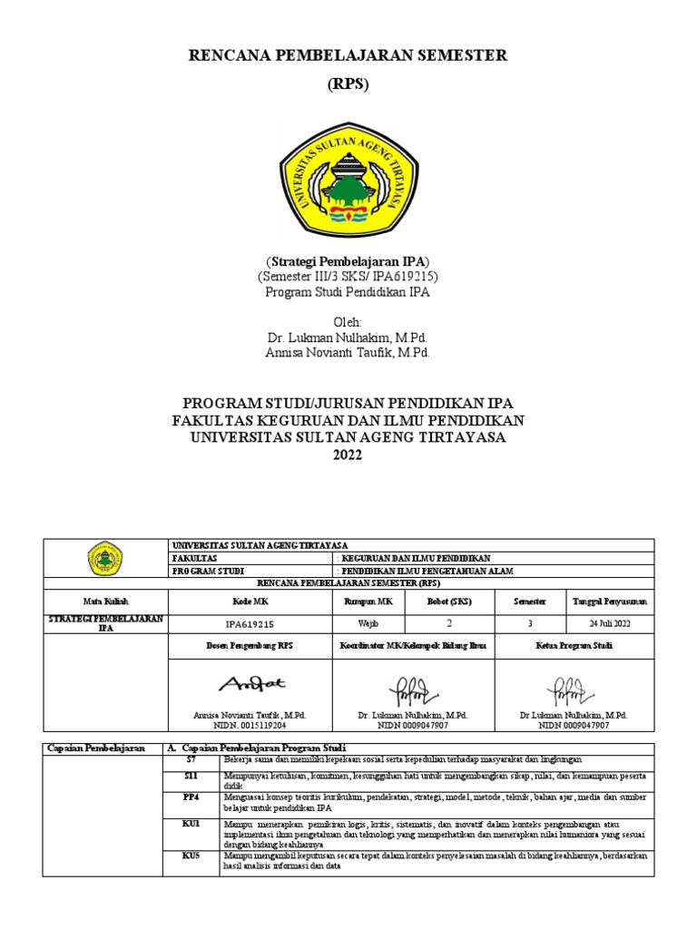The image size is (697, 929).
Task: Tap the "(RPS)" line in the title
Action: point(348,84)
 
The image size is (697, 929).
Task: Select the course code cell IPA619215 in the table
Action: point(250,624)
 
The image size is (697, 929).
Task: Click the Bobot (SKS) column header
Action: point(449,601)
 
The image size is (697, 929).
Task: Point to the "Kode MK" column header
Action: point(250,601)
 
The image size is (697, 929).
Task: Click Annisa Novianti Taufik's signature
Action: point(250,683)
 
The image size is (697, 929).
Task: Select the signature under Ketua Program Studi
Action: point(574,689)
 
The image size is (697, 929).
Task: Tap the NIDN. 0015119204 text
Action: point(250,726)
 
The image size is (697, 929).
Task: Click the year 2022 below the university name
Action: point(348,455)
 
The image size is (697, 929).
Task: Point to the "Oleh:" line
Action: point(348,322)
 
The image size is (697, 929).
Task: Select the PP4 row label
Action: point(191,797)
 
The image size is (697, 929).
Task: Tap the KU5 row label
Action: point(191,856)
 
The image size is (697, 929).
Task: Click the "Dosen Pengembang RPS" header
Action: point(250,645)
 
